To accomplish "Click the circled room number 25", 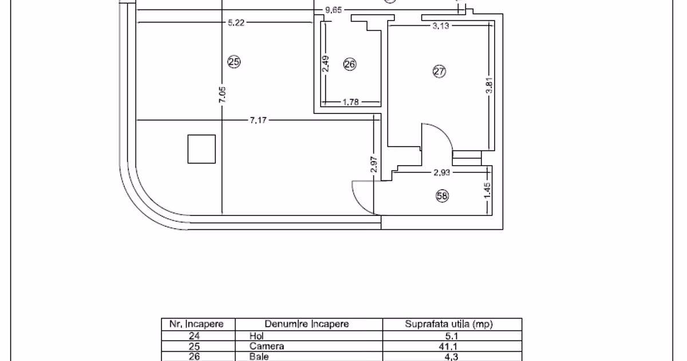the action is tap(234, 62).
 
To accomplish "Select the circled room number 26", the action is tap(350, 64).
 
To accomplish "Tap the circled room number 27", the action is tap(439, 72).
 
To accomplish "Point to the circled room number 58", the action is tap(442, 196).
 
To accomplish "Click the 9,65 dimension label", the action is tap(333, 10).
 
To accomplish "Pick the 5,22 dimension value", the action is tap(236, 23).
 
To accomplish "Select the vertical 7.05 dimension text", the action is tap(222, 95).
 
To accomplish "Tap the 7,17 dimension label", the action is tap(258, 120).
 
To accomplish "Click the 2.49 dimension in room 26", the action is tap(326, 64).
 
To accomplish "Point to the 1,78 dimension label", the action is tap(350, 102).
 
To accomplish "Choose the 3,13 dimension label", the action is tap(441, 26).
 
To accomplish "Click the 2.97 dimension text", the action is tap(374, 164).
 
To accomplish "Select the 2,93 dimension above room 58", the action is tap(441, 172).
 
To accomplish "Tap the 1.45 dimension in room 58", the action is tap(487, 190).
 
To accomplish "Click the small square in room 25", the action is tap(202, 149).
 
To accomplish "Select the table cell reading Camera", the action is tap(267, 346).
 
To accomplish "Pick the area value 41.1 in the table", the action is tap(448, 347).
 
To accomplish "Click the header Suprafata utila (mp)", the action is tap(449, 324).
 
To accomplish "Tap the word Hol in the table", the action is tap(256, 336).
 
